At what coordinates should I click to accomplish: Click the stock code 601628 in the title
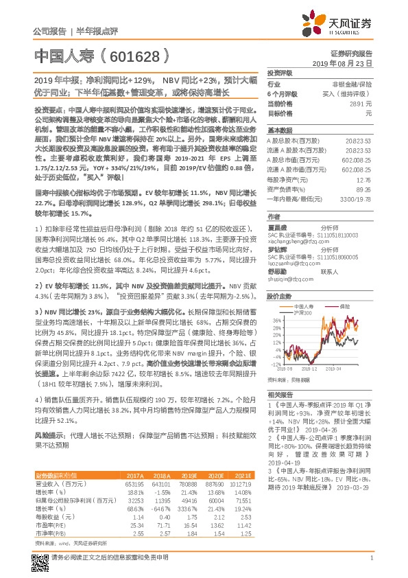tap(132, 56)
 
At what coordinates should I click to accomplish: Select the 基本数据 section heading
tap(280, 129)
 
